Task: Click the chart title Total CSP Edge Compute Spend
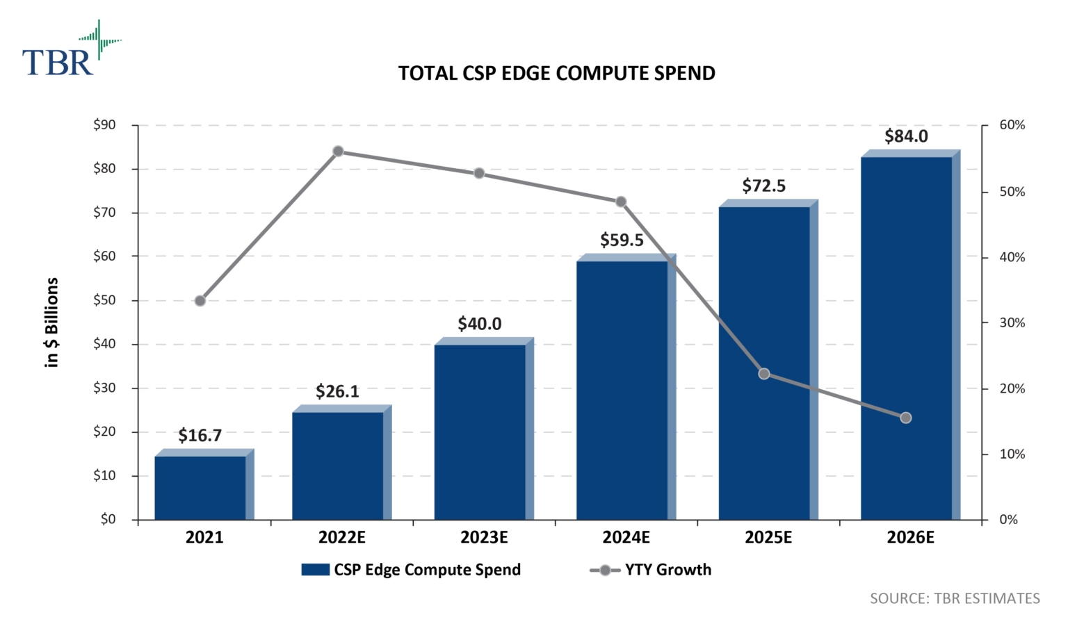coord(556,74)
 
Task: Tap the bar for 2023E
coord(480,432)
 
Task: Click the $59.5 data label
coord(622,240)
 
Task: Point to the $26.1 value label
coord(337,392)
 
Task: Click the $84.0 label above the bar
coord(906,136)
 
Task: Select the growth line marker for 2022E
coord(338,151)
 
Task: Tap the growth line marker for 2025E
coord(764,374)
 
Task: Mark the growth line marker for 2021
coord(200,301)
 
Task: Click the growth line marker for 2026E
coord(906,418)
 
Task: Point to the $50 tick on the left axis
coord(104,300)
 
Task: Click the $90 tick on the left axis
coord(104,125)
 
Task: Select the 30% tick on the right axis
coord(1012,322)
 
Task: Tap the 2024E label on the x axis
coord(626,537)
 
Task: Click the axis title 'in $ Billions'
coord(51,322)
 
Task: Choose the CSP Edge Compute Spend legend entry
coord(411,570)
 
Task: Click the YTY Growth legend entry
coord(651,570)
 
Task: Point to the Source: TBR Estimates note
coord(954,598)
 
